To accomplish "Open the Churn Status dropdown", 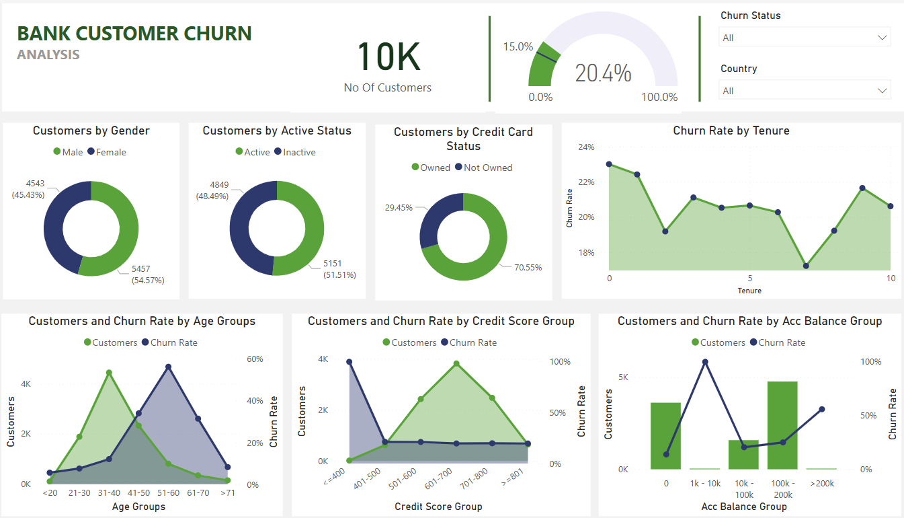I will pos(804,38).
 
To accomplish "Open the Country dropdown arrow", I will pos(882,91).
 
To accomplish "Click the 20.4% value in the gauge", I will pos(603,73).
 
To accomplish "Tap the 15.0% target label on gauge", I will pos(518,47).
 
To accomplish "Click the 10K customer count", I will pos(388,57).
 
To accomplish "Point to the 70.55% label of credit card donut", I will pos(528,267).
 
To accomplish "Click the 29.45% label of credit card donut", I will pos(399,208).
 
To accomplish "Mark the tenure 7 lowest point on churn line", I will pos(806,266).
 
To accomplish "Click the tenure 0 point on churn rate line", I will pos(609,164).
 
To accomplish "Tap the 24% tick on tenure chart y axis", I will pos(586,147).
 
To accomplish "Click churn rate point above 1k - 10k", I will pos(705,362).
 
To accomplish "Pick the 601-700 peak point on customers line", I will pos(456,363).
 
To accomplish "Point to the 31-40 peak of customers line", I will pos(109,373).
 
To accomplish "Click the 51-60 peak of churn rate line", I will pos(168,367).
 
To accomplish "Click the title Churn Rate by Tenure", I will pos(731,131).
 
